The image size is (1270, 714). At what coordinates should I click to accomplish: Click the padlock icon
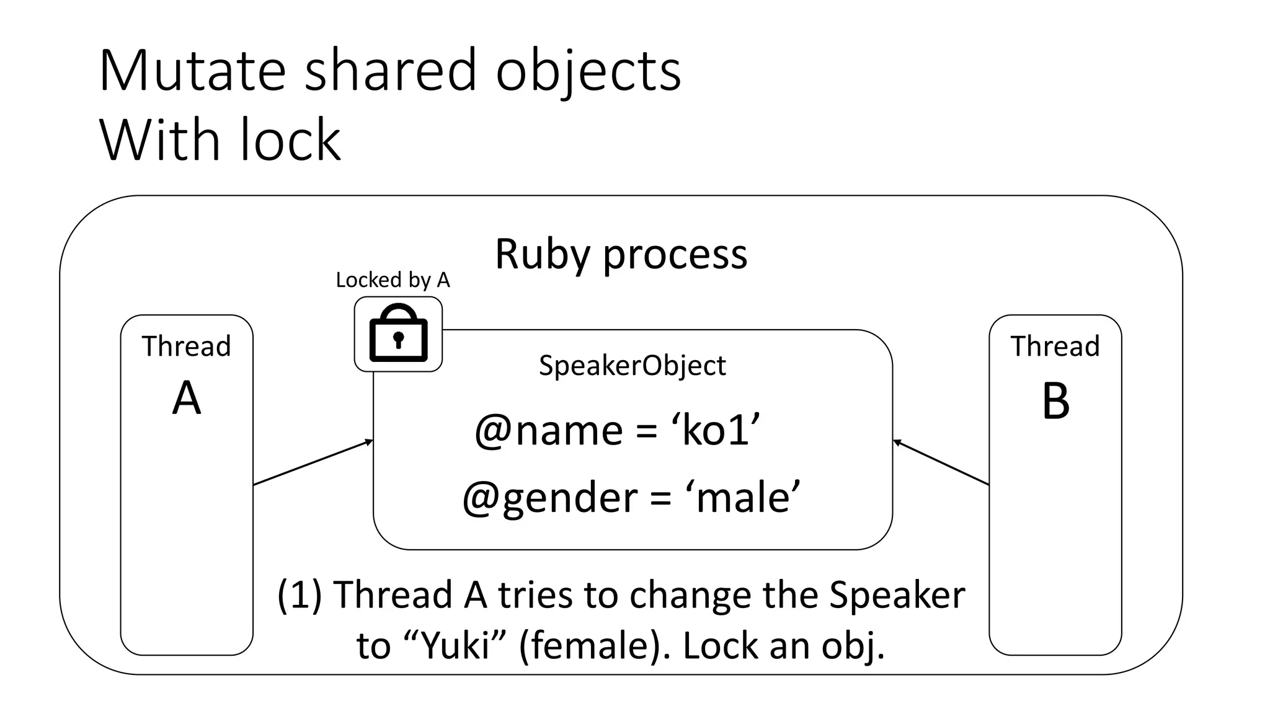pos(398,334)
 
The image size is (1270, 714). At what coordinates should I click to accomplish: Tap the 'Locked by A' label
pos(393,280)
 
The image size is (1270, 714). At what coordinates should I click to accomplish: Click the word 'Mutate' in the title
pos(192,71)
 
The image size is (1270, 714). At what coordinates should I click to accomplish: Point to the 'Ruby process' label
pos(621,254)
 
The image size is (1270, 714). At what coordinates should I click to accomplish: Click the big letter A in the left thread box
pos(187,399)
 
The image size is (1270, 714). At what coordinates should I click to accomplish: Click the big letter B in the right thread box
pos(1055,401)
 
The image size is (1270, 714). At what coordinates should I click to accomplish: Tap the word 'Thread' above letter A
pos(186,346)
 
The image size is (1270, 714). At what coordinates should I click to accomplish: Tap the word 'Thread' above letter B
pos(1055,346)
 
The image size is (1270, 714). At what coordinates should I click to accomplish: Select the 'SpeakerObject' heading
pos(632,365)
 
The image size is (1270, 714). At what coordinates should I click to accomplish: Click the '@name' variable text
pos(548,430)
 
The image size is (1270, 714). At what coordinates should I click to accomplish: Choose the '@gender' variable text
pos(549,498)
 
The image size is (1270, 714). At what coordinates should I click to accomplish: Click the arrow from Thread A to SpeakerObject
pos(313,462)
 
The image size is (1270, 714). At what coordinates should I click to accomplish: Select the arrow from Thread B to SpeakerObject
pos(941,462)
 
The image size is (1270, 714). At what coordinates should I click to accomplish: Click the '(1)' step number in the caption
pos(299,595)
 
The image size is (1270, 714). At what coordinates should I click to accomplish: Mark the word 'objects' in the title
pos(588,71)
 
